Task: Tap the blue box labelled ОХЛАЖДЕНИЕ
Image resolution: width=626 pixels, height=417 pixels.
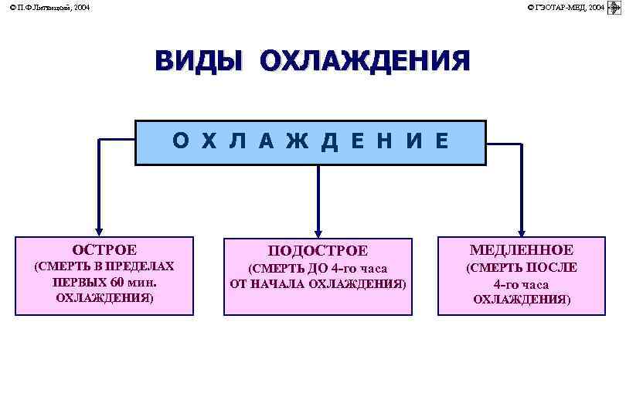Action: tap(311, 142)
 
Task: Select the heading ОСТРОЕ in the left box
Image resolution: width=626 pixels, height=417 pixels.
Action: tap(104, 249)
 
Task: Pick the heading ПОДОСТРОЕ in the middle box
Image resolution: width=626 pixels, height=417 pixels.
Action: tap(318, 251)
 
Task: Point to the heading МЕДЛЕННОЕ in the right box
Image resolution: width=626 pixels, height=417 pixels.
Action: tap(522, 249)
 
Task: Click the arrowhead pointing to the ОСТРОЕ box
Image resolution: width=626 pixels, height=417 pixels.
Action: tap(99, 229)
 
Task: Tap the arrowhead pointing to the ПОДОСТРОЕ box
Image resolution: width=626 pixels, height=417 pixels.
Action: tap(318, 230)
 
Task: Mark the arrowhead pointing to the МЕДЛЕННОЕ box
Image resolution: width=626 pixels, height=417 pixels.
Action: tap(522, 229)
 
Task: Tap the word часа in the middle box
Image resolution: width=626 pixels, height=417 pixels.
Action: tap(371, 269)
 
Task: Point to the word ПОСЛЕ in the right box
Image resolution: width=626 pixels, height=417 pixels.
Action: tap(552, 267)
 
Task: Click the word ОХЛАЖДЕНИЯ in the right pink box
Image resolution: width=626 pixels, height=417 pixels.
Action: tap(522, 300)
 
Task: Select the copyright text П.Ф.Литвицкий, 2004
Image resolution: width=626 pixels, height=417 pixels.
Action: tap(49, 7)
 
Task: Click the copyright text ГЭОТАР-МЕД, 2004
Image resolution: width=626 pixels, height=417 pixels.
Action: tap(568, 7)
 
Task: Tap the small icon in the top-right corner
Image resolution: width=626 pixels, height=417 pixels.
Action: tap(616, 7)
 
